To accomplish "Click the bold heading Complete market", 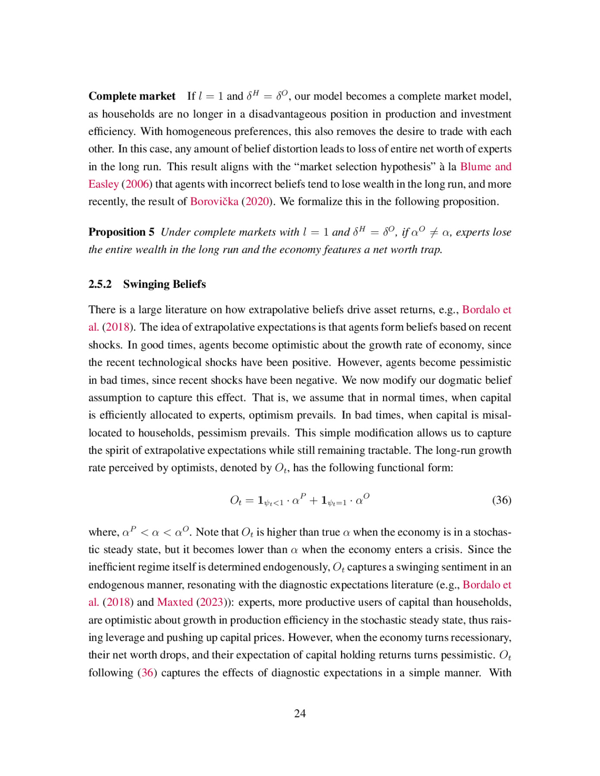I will (x=132, y=96).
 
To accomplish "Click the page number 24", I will (x=300, y=713).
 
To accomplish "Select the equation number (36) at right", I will (x=501, y=500).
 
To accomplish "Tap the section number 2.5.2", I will (x=100, y=284).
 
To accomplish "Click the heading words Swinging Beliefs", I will (x=164, y=284).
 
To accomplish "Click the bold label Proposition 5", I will (x=121, y=232).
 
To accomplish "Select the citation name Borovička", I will (x=214, y=202).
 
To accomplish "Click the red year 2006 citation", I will (x=137, y=184).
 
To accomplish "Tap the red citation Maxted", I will (x=175, y=602).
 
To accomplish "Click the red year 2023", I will (x=211, y=602).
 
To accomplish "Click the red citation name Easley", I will (x=103, y=184).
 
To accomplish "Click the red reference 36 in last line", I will (x=147, y=673).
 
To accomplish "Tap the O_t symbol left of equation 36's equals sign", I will (x=236, y=501).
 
